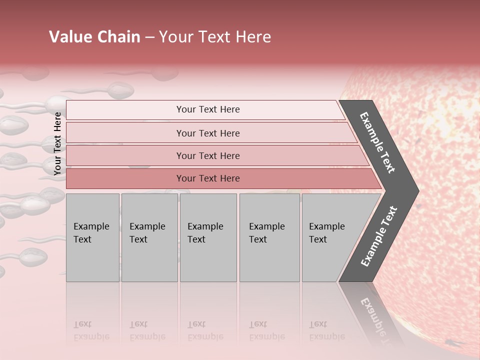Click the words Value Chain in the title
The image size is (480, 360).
94,37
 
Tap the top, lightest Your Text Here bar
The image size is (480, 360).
207,109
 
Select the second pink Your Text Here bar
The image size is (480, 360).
207,133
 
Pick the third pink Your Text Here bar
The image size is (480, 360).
207,155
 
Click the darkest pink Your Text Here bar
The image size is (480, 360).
207,178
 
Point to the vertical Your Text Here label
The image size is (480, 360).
58,143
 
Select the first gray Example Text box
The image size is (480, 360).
92,237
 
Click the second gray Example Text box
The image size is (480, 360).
149,237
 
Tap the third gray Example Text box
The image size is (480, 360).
208,237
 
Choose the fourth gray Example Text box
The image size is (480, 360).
269,237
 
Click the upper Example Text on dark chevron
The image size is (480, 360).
378,142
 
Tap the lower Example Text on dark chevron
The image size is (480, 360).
378,236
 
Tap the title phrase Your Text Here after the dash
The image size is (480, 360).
215,37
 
